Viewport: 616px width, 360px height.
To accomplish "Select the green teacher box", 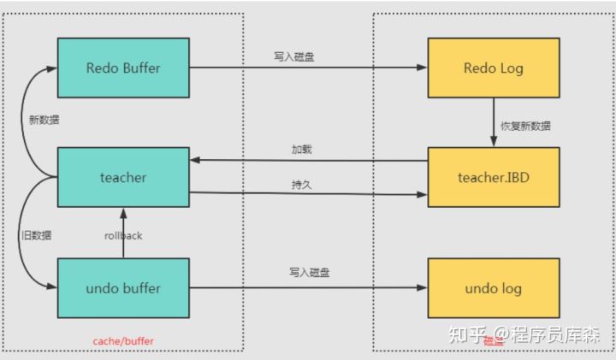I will pos(122,178).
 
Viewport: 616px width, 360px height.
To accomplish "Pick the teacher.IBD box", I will pos(494,178).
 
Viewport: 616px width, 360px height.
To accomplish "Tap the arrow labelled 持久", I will pos(308,195).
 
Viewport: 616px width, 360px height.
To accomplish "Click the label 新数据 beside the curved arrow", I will pos(44,120).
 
